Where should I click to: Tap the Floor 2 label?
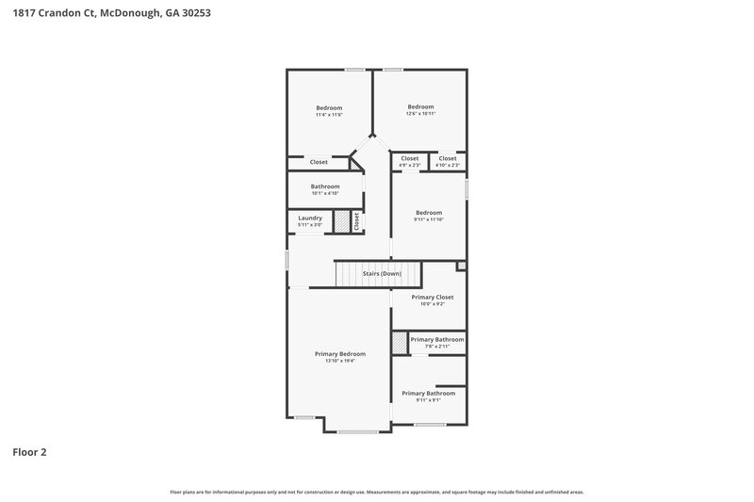29,452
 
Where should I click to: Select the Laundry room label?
310,219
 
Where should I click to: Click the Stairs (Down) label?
382,273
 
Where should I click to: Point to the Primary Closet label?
432,297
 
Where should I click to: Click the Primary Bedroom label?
339,354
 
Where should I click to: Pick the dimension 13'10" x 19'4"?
339,361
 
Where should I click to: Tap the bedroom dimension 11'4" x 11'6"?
329,115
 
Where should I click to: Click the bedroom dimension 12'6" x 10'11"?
420,113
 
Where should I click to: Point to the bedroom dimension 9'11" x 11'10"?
428,219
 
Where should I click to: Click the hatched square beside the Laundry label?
341,221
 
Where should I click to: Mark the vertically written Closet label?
357,221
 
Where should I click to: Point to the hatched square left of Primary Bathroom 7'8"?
400,343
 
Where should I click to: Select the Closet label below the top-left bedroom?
319,162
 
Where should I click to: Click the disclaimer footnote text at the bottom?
376,492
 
